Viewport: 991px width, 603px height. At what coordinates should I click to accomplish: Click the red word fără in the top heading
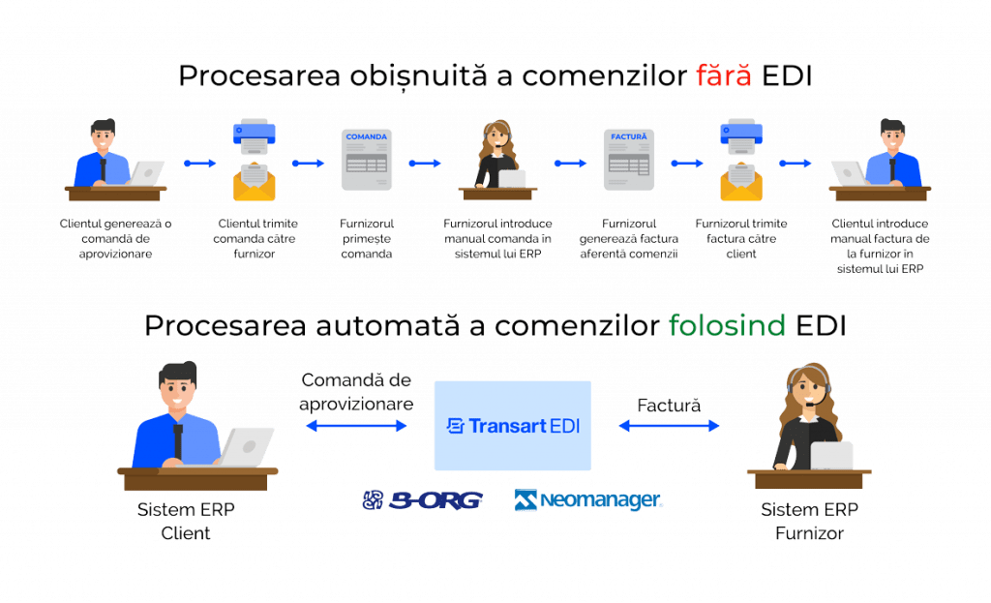pyautogui.click(x=723, y=77)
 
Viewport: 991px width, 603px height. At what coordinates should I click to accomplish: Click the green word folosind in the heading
pyautogui.click(x=726, y=326)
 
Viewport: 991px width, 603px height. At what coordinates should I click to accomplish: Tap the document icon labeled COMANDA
pyautogui.click(x=366, y=159)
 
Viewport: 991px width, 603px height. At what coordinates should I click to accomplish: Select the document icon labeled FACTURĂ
pyautogui.click(x=628, y=159)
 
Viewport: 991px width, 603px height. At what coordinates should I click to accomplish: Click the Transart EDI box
pyautogui.click(x=512, y=425)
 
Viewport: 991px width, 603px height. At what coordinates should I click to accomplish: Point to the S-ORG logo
pyautogui.click(x=423, y=499)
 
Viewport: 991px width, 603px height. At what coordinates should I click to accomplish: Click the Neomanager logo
pyautogui.click(x=588, y=499)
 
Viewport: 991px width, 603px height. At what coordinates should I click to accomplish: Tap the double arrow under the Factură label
pyautogui.click(x=669, y=425)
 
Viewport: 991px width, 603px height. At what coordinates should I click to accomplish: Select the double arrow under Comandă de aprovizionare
pyautogui.click(x=356, y=425)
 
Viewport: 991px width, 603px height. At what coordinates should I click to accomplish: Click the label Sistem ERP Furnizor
pyautogui.click(x=809, y=521)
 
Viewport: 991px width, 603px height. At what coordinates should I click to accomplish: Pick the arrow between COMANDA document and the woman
pyautogui.click(x=424, y=163)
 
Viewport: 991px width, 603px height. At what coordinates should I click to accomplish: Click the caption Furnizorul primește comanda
pyautogui.click(x=366, y=238)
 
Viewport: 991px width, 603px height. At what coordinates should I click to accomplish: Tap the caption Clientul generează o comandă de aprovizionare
pyautogui.click(x=115, y=238)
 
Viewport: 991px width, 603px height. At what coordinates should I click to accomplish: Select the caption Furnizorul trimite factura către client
pyautogui.click(x=740, y=238)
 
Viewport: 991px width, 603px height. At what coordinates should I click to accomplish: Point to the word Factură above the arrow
pyautogui.click(x=669, y=405)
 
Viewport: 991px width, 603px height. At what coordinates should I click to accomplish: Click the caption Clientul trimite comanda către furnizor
pyautogui.click(x=256, y=238)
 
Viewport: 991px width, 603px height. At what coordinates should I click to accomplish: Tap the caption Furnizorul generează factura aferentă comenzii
pyautogui.click(x=629, y=238)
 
